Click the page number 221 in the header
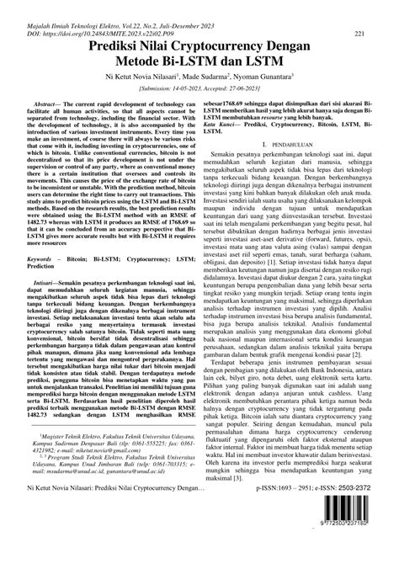pyautogui.click(x=359, y=33)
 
